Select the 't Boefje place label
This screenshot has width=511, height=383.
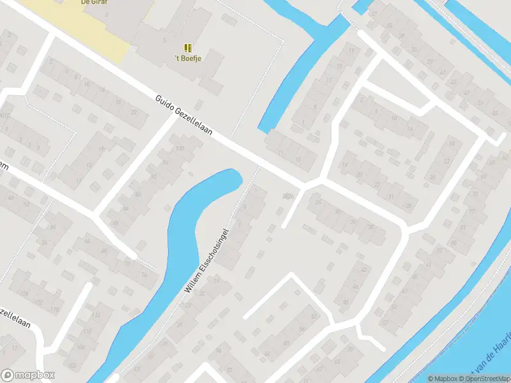coord(188,59)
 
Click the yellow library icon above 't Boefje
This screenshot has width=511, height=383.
coord(188,48)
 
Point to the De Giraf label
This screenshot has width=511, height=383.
coord(93,3)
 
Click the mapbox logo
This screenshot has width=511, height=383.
coord(28,375)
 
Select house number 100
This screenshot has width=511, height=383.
coord(179,149)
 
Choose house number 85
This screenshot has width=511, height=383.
coord(454,243)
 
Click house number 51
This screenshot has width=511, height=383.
coord(480,103)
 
